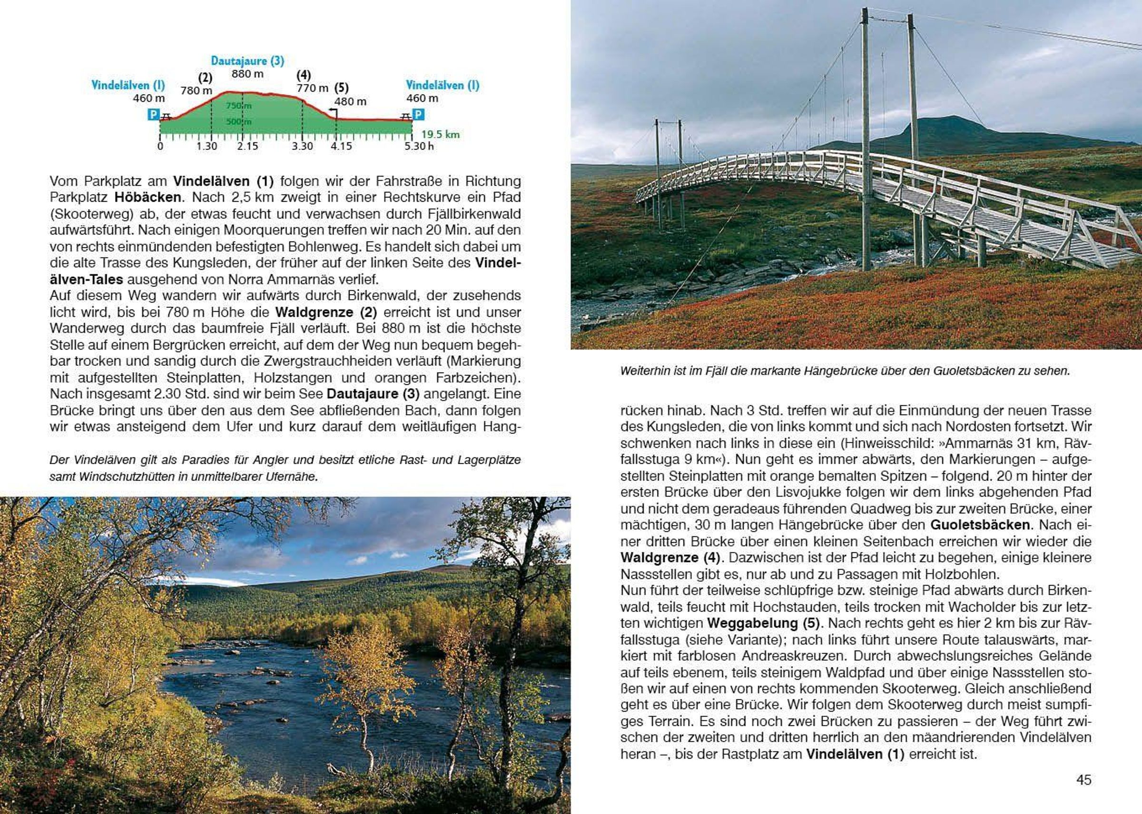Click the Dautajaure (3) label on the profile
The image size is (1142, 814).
point(247,61)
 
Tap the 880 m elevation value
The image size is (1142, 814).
point(247,74)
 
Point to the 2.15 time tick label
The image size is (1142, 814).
point(247,147)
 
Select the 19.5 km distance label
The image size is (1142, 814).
point(440,134)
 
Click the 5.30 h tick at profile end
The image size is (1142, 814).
point(419,147)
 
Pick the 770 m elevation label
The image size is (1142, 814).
point(312,88)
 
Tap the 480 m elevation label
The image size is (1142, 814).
point(350,102)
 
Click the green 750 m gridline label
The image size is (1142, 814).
point(238,106)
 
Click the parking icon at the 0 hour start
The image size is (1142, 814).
point(153,115)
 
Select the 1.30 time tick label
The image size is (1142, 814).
point(207,147)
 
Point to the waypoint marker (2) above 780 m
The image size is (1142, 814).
point(205,78)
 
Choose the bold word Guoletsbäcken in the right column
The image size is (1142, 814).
point(980,525)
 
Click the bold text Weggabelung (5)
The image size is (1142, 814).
point(764,623)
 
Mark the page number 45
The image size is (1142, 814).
point(1083,780)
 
